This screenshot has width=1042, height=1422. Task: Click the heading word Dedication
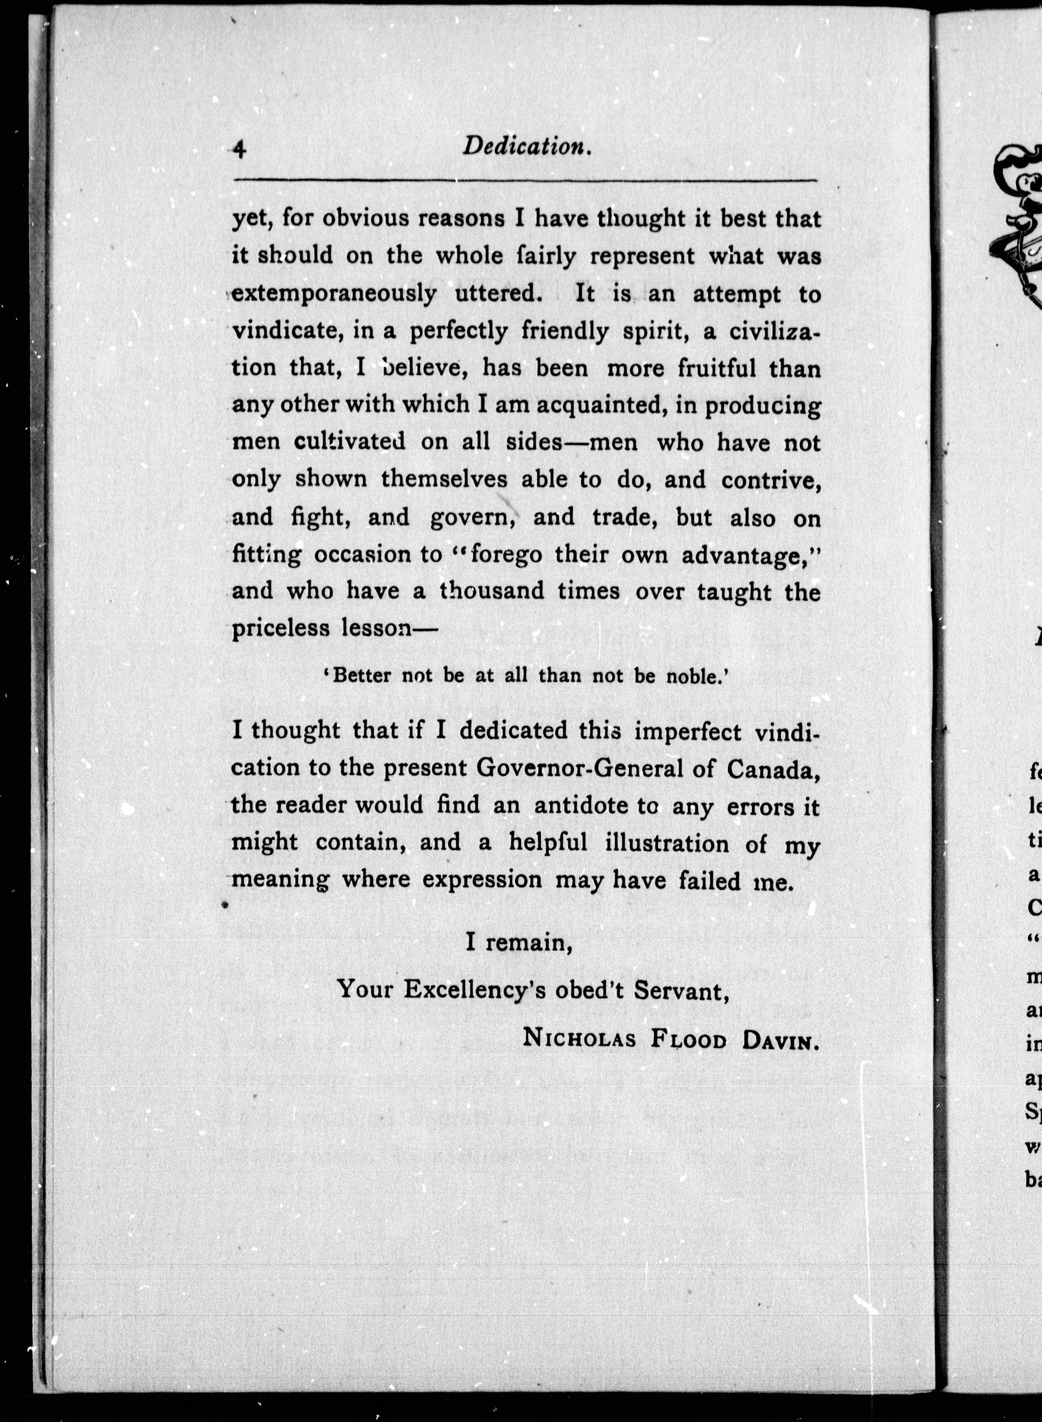[x=527, y=147]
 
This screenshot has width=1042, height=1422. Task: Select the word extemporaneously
[x=334, y=294]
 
